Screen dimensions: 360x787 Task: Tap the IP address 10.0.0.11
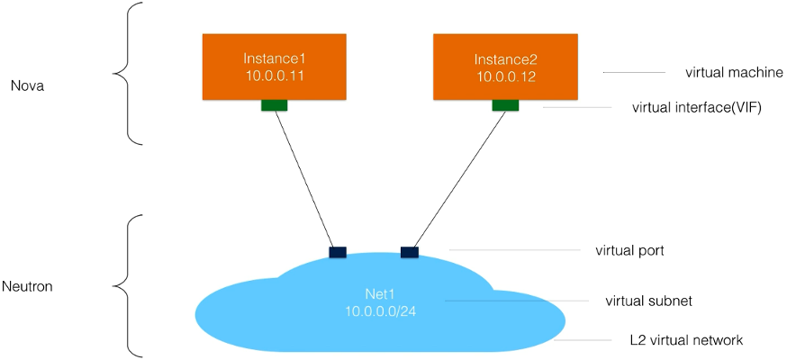point(274,76)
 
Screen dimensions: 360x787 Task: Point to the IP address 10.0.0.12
point(504,76)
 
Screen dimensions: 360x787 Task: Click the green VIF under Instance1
point(274,105)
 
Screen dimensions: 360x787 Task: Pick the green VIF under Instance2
point(505,105)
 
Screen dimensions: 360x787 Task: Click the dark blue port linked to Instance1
point(338,252)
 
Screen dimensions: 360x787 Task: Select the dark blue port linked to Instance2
point(410,252)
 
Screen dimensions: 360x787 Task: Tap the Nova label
point(27,86)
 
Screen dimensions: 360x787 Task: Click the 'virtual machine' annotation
point(721,72)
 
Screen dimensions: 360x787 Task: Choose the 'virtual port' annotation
point(629,250)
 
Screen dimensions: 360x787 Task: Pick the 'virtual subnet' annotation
point(635,300)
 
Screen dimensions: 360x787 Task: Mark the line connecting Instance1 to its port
point(306,180)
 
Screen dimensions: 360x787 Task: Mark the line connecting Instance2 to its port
point(457,180)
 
